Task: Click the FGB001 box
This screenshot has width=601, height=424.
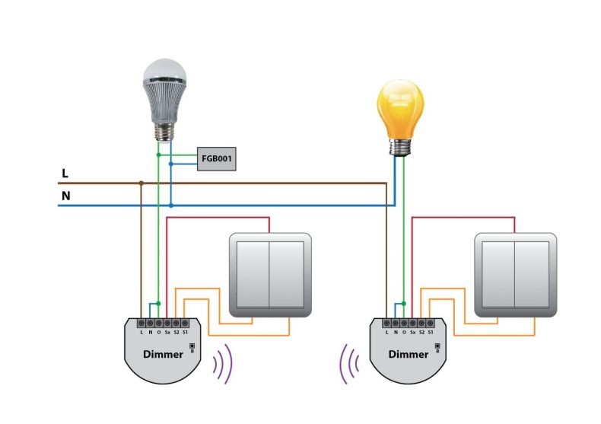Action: tap(217, 158)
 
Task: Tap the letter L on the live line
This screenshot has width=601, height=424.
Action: tap(65, 174)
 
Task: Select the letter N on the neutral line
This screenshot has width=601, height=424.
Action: tap(66, 196)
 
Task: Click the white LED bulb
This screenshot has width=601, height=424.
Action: tap(164, 100)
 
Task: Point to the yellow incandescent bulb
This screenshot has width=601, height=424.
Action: tap(400, 117)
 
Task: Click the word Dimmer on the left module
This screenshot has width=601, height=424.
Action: tap(163, 354)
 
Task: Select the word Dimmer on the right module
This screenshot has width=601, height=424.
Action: tap(409, 354)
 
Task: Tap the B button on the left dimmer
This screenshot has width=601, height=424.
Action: tap(192, 346)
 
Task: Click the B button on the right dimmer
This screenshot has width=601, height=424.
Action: tap(437, 346)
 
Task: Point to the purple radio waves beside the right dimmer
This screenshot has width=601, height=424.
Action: tap(349, 364)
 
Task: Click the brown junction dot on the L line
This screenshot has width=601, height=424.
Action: tap(141, 183)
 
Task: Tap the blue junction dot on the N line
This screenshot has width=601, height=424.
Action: tap(171, 206)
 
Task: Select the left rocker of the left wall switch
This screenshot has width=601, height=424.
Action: tap(253, 275)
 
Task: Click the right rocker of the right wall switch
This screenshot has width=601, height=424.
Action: tap(531, 275)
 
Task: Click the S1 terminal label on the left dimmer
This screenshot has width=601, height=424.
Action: tap(185, 333)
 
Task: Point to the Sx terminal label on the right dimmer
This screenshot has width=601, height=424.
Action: tap(413, 333)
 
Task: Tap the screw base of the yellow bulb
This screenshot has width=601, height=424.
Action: tap(400, 147)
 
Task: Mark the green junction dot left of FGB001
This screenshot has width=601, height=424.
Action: tap(158, 155)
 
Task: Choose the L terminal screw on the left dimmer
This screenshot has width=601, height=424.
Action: tap(142, 324)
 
